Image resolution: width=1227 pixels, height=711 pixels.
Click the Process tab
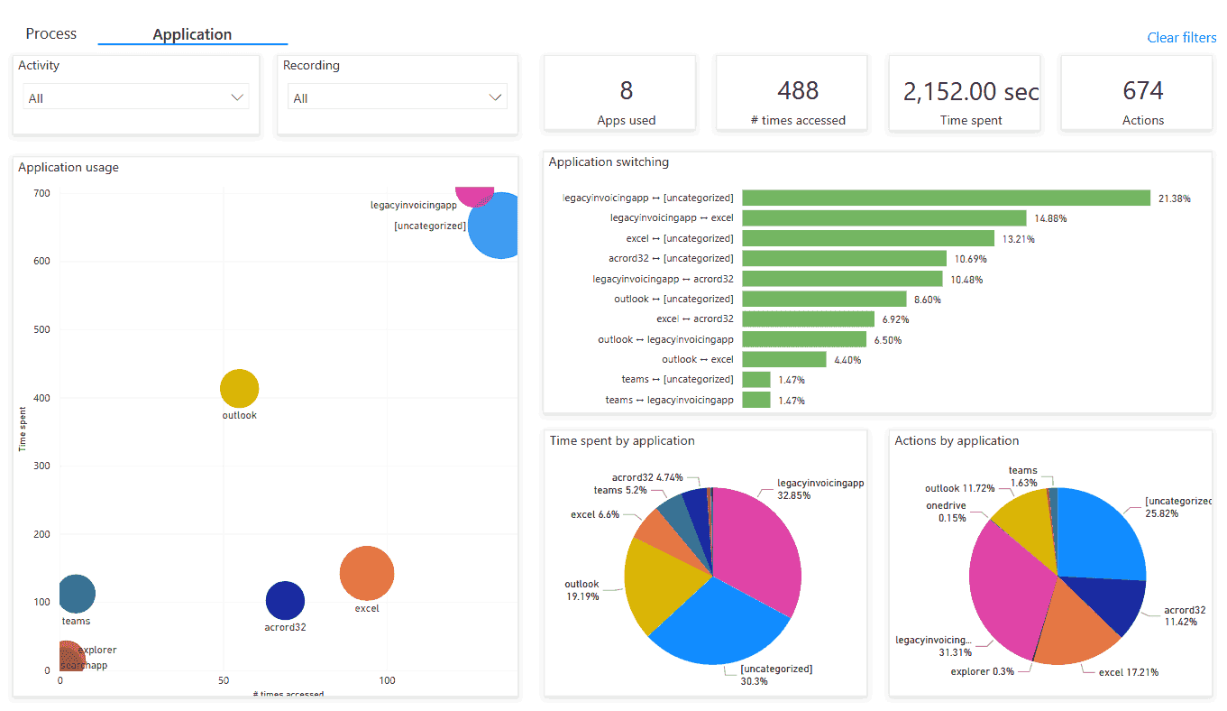51,34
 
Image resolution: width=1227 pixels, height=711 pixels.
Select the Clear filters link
1181,38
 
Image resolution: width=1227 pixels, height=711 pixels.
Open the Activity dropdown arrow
237,97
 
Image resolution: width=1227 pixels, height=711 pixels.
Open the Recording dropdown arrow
495,97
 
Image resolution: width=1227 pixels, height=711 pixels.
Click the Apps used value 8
626,91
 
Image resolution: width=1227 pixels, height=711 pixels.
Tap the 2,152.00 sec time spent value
970,91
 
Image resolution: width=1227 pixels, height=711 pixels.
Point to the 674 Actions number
1142,91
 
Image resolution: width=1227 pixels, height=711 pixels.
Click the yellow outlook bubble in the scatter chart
240,389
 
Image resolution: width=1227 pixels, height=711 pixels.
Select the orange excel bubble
367,573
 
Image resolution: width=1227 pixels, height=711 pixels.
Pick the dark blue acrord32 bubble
285,601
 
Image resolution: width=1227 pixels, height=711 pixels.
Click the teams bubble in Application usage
76,594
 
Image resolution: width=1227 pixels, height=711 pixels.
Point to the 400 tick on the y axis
41,398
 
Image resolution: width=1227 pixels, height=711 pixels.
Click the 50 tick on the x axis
224,680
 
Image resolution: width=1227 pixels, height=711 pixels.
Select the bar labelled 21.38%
946,198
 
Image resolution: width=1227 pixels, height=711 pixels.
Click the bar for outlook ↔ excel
783,359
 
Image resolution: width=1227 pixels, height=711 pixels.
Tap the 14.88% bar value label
1049,218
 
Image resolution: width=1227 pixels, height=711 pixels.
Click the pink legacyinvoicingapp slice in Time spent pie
757,546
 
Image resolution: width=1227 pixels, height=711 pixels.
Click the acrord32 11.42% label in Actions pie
1184,616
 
